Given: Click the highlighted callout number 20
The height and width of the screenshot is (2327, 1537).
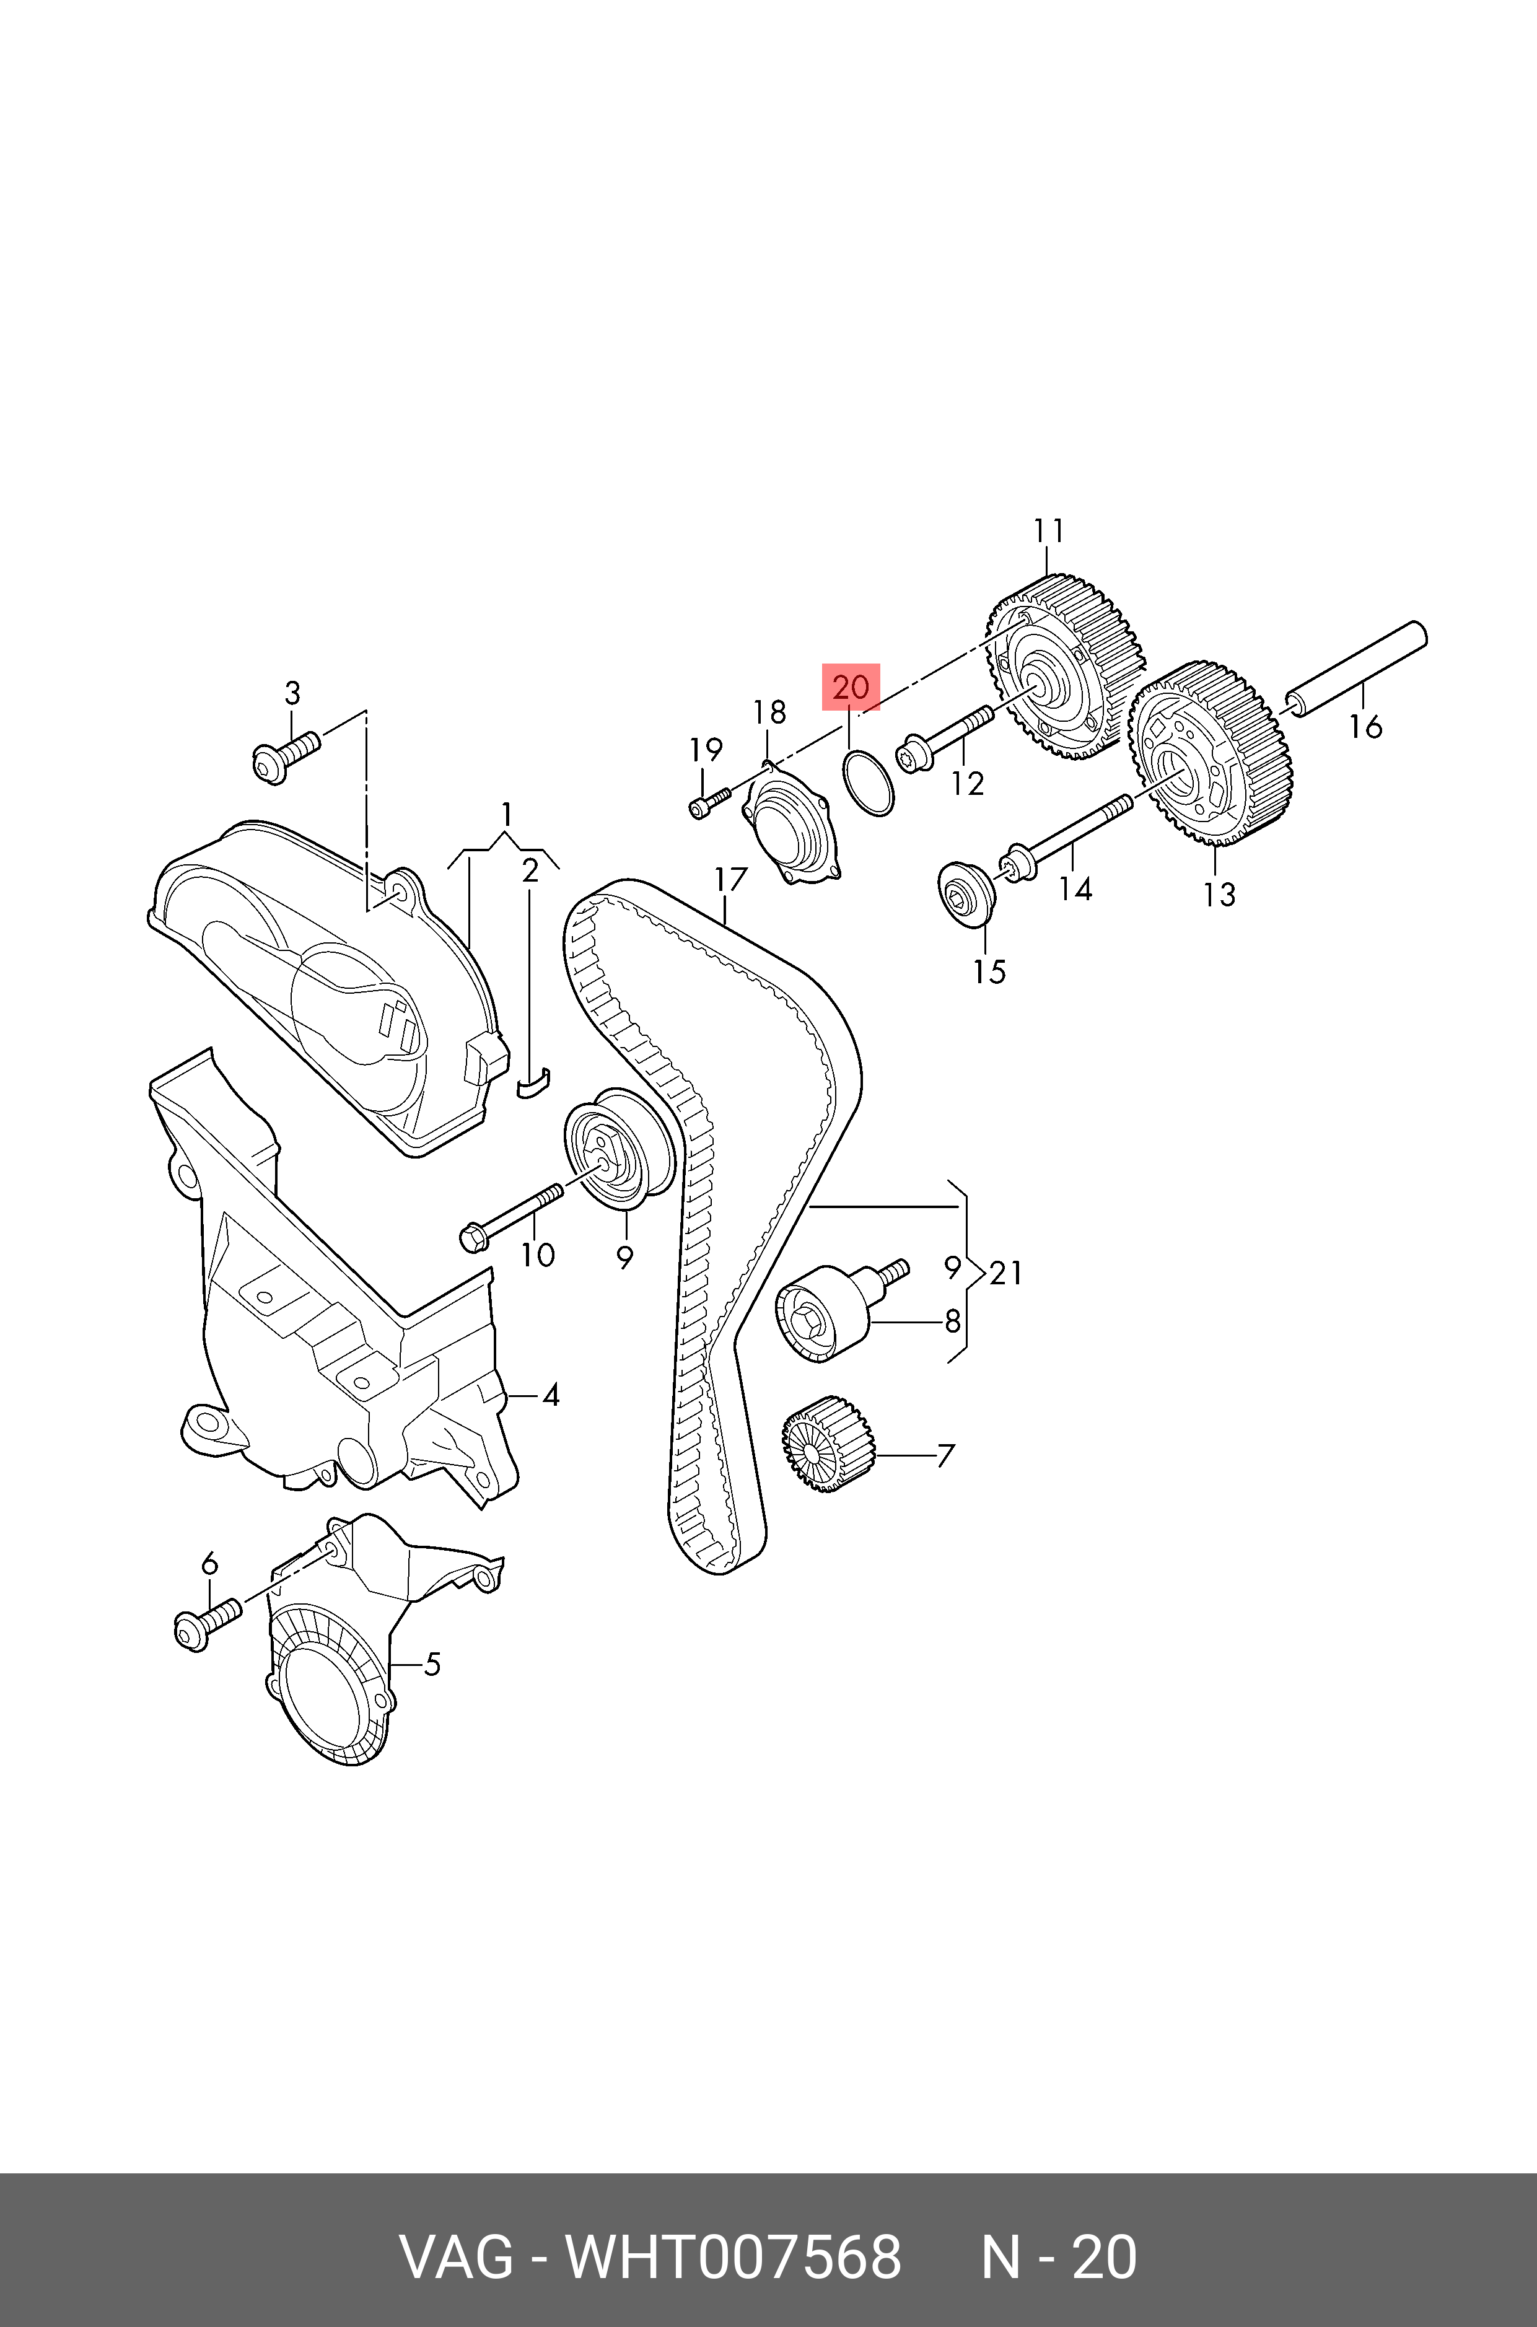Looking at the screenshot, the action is pos(850,687).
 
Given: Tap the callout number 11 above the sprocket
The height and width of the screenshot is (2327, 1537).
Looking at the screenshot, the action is pos(1048,532).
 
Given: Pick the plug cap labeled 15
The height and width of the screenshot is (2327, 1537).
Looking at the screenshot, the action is pos(966,892).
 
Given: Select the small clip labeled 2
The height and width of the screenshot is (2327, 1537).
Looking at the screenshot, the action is pos(533,1083).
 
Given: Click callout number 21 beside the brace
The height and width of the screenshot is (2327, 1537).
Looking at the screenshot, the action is pos(1005,1273).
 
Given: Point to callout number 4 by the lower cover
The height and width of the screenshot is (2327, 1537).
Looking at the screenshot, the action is pos(550,1395).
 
